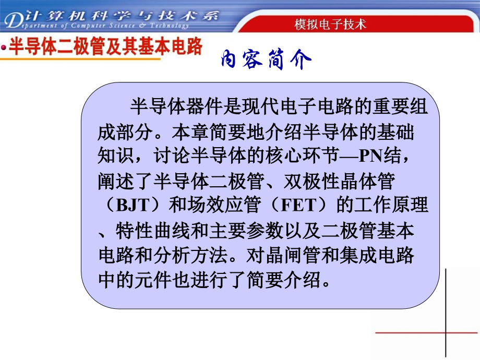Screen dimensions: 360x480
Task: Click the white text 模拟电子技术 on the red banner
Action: click(330, 24)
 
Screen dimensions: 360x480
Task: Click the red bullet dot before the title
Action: click(4, 49)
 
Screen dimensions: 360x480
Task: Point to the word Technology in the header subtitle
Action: click(166, 25)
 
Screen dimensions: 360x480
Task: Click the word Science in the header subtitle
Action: click(123, 25)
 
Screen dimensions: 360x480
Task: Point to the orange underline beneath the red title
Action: click(78, 59)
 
